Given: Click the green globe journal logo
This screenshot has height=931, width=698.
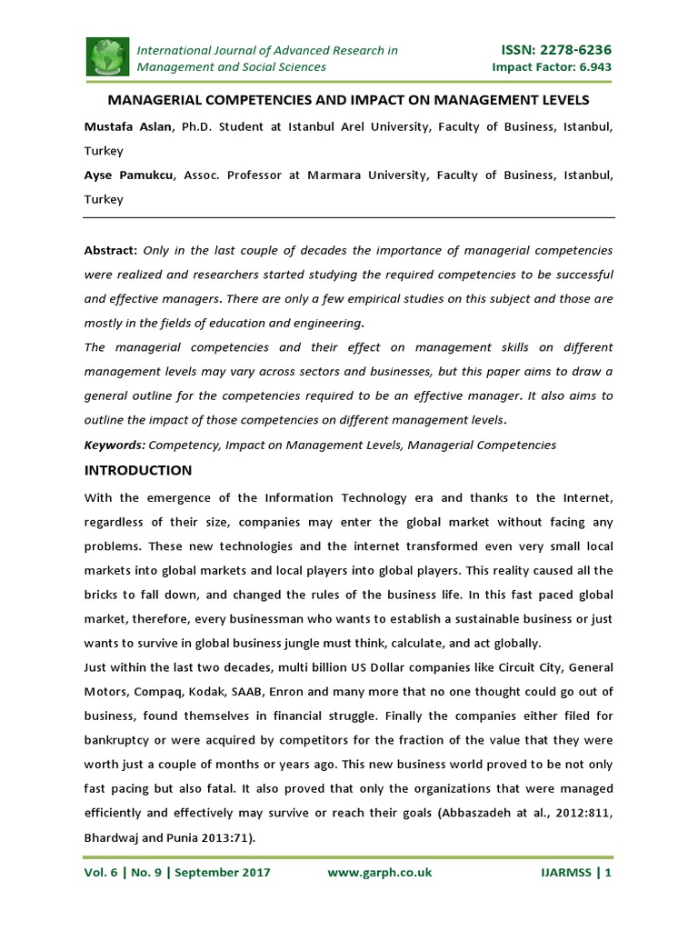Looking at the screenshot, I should click(x=107, y=57).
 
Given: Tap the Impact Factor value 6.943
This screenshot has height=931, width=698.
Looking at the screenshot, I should click(x=594, y=67).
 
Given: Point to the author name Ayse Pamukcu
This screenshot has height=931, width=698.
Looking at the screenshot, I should click(x=128, y=175).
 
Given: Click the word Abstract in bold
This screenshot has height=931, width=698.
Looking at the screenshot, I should click(x=111, y=249).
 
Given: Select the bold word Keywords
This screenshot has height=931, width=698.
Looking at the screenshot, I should click(x=115, y=445).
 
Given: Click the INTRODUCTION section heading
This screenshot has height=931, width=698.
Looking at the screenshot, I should click(x=138, y=470).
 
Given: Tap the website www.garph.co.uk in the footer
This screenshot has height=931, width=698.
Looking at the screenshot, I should click(x=379, y=873).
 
